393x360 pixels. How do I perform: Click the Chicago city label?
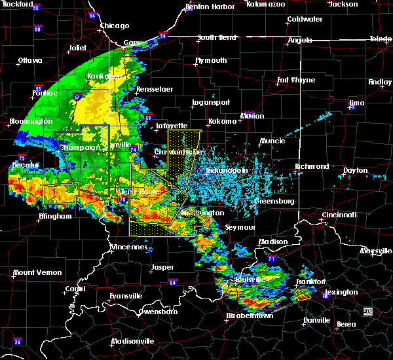click(115, 26)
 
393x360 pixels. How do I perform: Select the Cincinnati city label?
click(339, 215)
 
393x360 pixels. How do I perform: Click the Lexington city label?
click(343, 292)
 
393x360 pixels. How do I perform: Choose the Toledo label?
click(381, 39)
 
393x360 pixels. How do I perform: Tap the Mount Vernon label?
click(32, 272)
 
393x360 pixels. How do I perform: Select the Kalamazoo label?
click(266, 4)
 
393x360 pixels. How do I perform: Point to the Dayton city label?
click(356, 170)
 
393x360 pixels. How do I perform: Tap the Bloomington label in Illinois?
click(31, 122)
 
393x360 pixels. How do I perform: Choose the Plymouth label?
click(211, 60)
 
